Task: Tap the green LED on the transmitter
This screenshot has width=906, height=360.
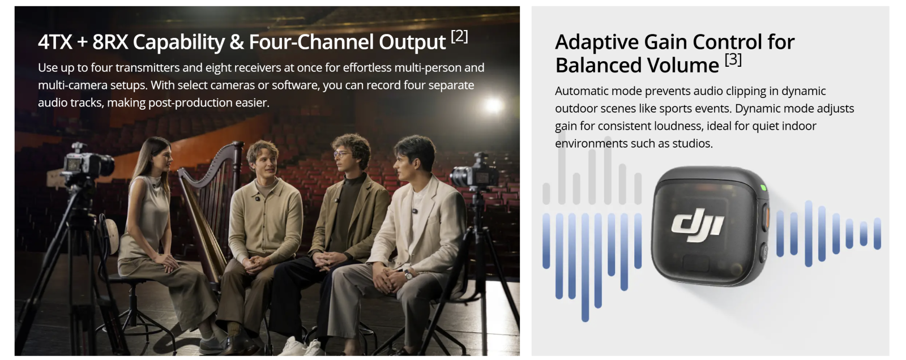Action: (x=763, y=187)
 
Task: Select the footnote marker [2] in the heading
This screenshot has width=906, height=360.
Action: (x=459, y=36)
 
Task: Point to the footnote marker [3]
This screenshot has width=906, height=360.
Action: (x=733, y=60)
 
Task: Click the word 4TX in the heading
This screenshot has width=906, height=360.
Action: (x=55, y=42)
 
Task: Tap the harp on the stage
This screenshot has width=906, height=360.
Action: (x=210, y=211)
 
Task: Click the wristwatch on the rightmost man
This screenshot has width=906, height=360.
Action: (x=408, y=276)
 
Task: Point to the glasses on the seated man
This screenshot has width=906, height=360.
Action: (x=342, y=154)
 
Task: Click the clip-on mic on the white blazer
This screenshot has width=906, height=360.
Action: (x=414, y=211)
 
